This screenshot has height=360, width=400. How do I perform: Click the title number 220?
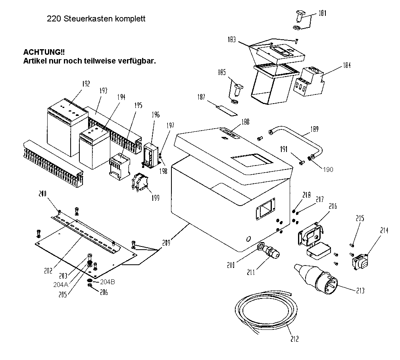click(53, 19)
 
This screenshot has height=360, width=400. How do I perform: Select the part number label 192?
click(86, 84)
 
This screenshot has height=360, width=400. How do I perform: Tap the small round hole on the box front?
click(249, 239)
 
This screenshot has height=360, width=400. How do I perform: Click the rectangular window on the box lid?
click(252, 160)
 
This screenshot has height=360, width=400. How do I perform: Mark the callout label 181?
click(321, 13)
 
